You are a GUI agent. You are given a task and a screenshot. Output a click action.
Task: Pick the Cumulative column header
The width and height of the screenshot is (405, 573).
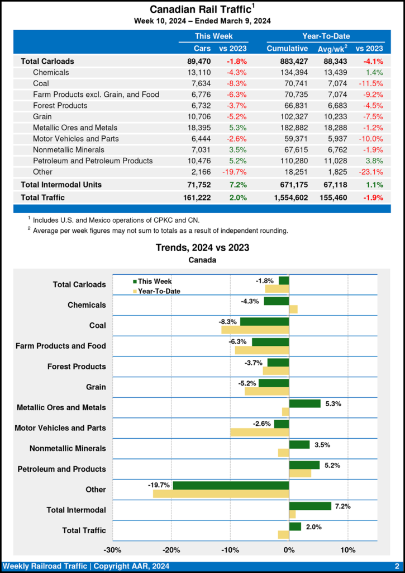click(287, 49)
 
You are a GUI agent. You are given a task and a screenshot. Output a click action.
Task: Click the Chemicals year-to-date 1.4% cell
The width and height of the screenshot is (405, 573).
click(374, 72)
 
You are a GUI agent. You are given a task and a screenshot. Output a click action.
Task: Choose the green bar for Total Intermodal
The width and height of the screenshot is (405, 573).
click(310, 506)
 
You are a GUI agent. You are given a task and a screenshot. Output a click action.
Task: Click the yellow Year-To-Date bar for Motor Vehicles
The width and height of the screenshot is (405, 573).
click(259, 432)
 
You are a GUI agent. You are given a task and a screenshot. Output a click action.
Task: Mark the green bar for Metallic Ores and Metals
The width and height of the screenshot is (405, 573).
click(304, 403)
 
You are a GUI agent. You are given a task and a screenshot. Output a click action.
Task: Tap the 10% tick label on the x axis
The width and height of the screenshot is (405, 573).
click(348, 549)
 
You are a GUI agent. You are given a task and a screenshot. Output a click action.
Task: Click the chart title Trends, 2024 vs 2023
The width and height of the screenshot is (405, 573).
click(202, 247)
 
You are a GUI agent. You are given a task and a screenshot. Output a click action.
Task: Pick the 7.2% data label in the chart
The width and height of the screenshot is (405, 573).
click(342, 506)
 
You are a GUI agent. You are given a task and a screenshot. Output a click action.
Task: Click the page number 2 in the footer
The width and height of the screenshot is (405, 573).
click(396, 566)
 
